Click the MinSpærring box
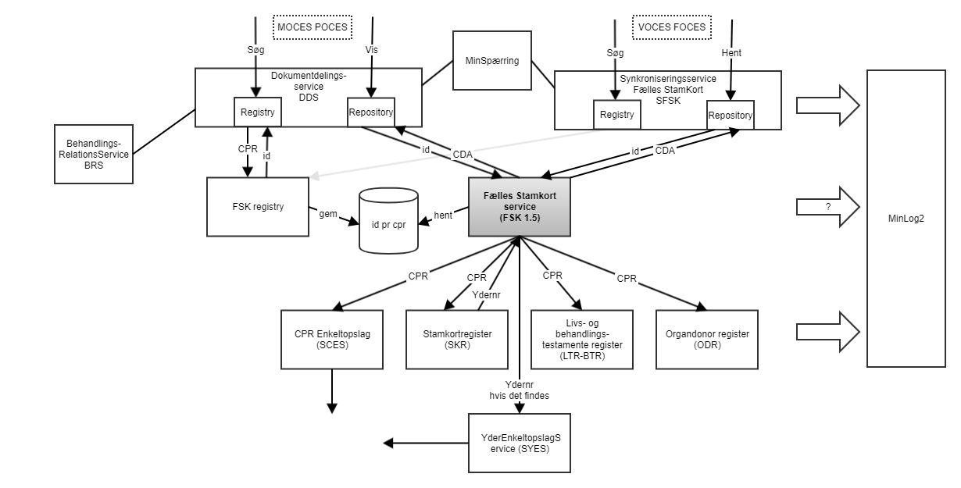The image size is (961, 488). coord(490,59)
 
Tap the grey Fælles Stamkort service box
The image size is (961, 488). coord(517,206)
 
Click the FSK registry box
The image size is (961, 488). coord(258,208)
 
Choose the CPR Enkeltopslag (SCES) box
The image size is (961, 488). coord(333,340)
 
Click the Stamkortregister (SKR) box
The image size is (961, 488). coord(456,340)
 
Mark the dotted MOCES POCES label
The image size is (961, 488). coord(311,27)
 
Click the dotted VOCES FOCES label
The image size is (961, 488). coord(671,27)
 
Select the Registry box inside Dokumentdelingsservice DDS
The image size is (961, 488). coord(258,112)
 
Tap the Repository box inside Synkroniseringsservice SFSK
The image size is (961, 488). coord(730,116)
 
